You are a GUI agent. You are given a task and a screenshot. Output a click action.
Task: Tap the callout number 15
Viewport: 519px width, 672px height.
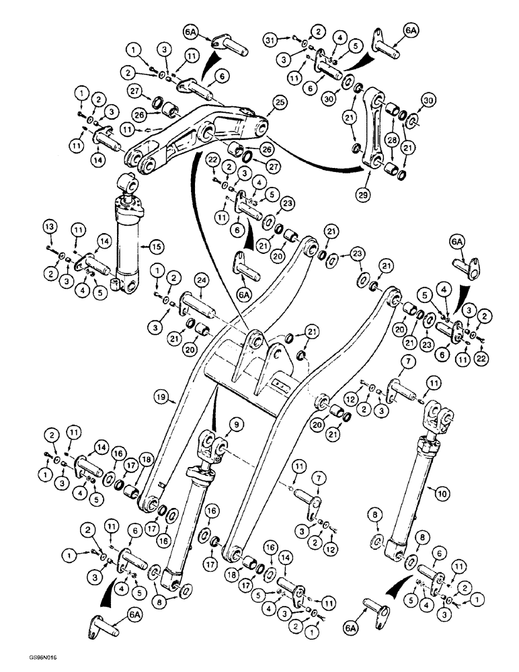pos(156,247)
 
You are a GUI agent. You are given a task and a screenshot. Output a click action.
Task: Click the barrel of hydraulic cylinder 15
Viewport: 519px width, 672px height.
pos(128,245)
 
